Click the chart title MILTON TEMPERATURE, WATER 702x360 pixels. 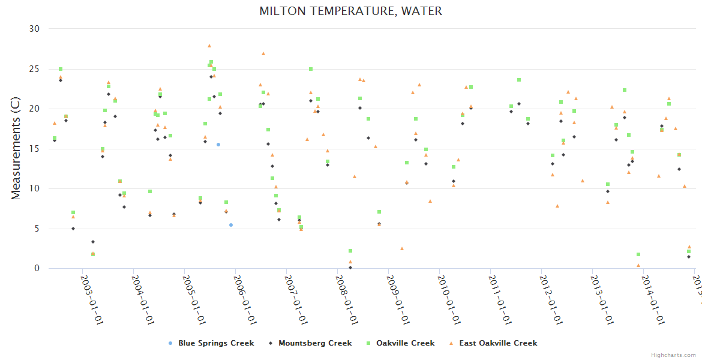351,11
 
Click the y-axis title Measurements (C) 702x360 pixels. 16,149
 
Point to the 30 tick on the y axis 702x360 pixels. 34,29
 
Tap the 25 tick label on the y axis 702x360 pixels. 34,69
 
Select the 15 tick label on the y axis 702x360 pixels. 34,149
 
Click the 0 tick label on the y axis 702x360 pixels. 37,269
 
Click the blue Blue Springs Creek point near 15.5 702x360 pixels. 218,145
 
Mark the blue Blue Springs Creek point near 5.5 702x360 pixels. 231,225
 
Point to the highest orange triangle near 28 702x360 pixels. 209,46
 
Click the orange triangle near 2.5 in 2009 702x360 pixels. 402,248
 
